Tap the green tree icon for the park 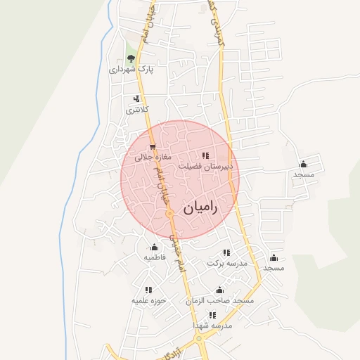click(130, 58)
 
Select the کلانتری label click(137, 110)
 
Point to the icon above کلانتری click(136, 99)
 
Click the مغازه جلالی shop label click(148, 158)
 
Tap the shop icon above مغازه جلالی click(153, 147)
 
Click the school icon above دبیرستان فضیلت click(205, 155)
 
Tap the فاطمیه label click(155, 257)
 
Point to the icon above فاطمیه click(155, 246)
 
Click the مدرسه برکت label click(227, 263)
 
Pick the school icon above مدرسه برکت click(226, 252)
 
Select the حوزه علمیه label click(148, 300)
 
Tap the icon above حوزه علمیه click(148, 289)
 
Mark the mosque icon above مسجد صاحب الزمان click(219, 290)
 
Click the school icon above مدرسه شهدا click(217, 315)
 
